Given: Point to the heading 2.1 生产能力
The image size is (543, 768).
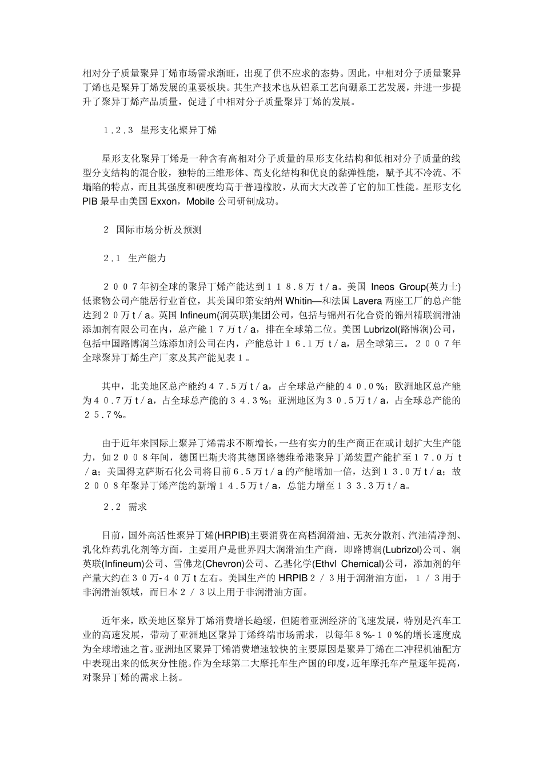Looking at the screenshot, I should [x=134, y=258].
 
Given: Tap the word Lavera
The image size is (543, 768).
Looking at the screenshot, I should [x=369, y=301].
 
